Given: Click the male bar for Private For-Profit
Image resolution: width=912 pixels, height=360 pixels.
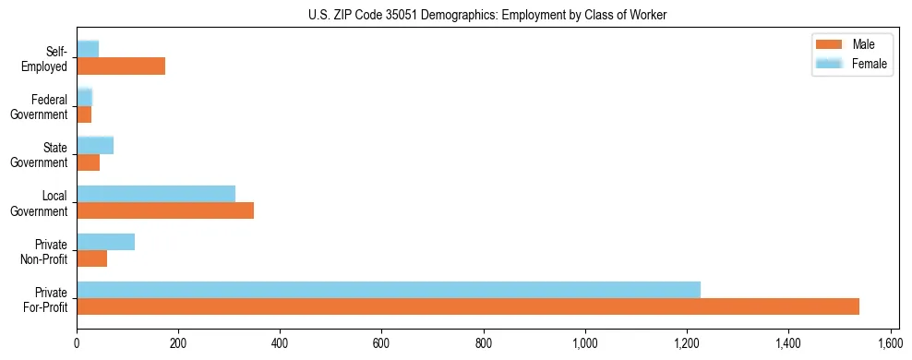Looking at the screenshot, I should point(468,306).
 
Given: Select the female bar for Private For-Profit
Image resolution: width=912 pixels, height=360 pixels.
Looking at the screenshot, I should point(389,290).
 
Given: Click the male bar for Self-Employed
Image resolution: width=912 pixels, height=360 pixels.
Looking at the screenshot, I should point(121,66).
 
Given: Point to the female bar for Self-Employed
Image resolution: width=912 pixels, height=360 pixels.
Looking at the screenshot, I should point(88,49).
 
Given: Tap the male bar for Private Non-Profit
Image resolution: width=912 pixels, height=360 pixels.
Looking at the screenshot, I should point(92,258).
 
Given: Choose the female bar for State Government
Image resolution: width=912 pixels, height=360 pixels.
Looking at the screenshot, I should point(95,145).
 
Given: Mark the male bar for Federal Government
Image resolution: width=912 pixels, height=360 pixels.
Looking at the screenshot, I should point(84,114).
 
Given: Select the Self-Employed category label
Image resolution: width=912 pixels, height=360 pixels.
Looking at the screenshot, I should point(50,58).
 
